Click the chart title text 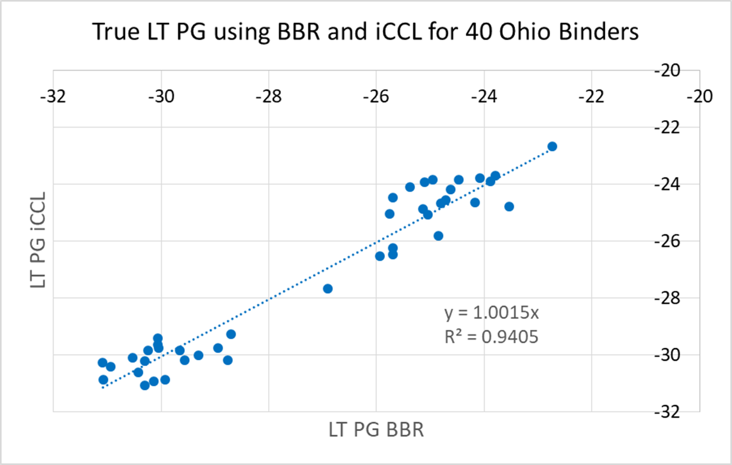pyautogui.click(x=366, y=32)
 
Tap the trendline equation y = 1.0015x pyautogui.click(x=491, y=314)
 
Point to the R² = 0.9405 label pyautogui.click(x=491, y=337)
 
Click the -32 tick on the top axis pyautogui.click(x=54, y=95)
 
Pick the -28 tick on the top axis pyautogui.click(x=269, y=95)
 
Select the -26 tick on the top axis pyautogui.click(x=376, y=95)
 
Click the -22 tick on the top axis pyautogui.click(x=592, y=95)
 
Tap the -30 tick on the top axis pyautogui.click(x=161, y=95)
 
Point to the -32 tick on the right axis pyautogui.click(x=669, y=412)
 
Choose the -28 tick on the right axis pyautogui.click(x=669, y=298)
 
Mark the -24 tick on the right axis pyautogui.click(x=669, y=184)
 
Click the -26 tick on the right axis pyautogui.click(x=669, y=241)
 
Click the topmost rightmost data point pyautogui.click(x=552, y=147)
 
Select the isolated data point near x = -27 pyautogui.click(x=328, y=289)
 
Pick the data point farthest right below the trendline pyautogui.click(x=509, y=206)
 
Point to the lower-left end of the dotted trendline pyautogui.click(x=102, y=387)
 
